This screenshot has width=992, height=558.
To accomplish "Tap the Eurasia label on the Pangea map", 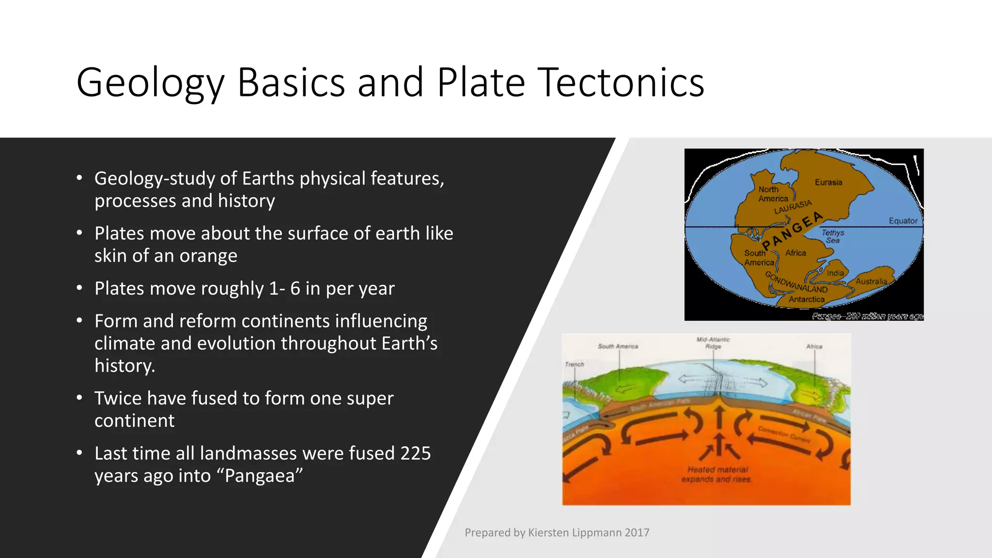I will coord(828,183).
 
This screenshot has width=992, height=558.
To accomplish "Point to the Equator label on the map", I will coord(903,221).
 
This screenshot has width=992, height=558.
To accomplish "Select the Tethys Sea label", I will coord(833,236).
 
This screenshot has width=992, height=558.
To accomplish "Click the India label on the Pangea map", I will coord(835,273).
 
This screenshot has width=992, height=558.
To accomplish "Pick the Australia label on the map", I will coord(871,281).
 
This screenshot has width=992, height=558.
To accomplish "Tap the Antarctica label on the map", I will coord(806,299).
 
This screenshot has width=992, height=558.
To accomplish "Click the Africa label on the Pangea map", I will coord(796,253).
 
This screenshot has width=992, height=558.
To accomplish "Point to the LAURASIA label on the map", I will coord(793,207).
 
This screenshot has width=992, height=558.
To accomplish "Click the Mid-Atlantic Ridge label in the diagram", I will coord(713,343).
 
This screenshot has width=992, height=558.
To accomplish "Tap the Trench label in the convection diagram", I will coord(574,364).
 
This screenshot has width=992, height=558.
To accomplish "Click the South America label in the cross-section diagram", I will coord(618,346).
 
